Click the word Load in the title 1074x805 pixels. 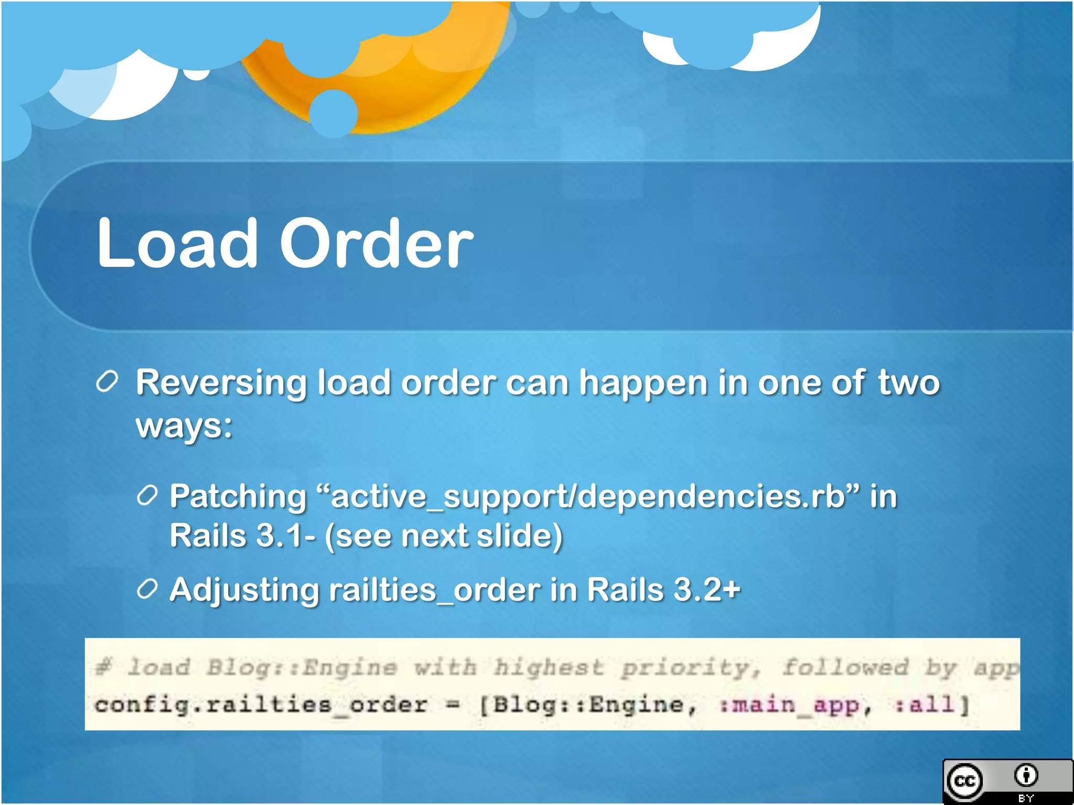point(177,244)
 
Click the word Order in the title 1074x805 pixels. point(376,244)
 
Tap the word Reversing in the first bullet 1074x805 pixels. point(221,383)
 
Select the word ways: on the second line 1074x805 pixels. point(184,426)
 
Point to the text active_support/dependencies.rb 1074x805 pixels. point(588,497)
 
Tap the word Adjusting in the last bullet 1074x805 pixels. point(244,590)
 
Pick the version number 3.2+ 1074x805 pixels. point(707,590)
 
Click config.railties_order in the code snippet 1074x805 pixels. point(261,705)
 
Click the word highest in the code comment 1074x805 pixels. point(548,668)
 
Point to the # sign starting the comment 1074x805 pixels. point(104,668)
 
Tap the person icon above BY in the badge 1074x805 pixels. point(1026,775)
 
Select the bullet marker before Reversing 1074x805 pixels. point(108,382)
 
